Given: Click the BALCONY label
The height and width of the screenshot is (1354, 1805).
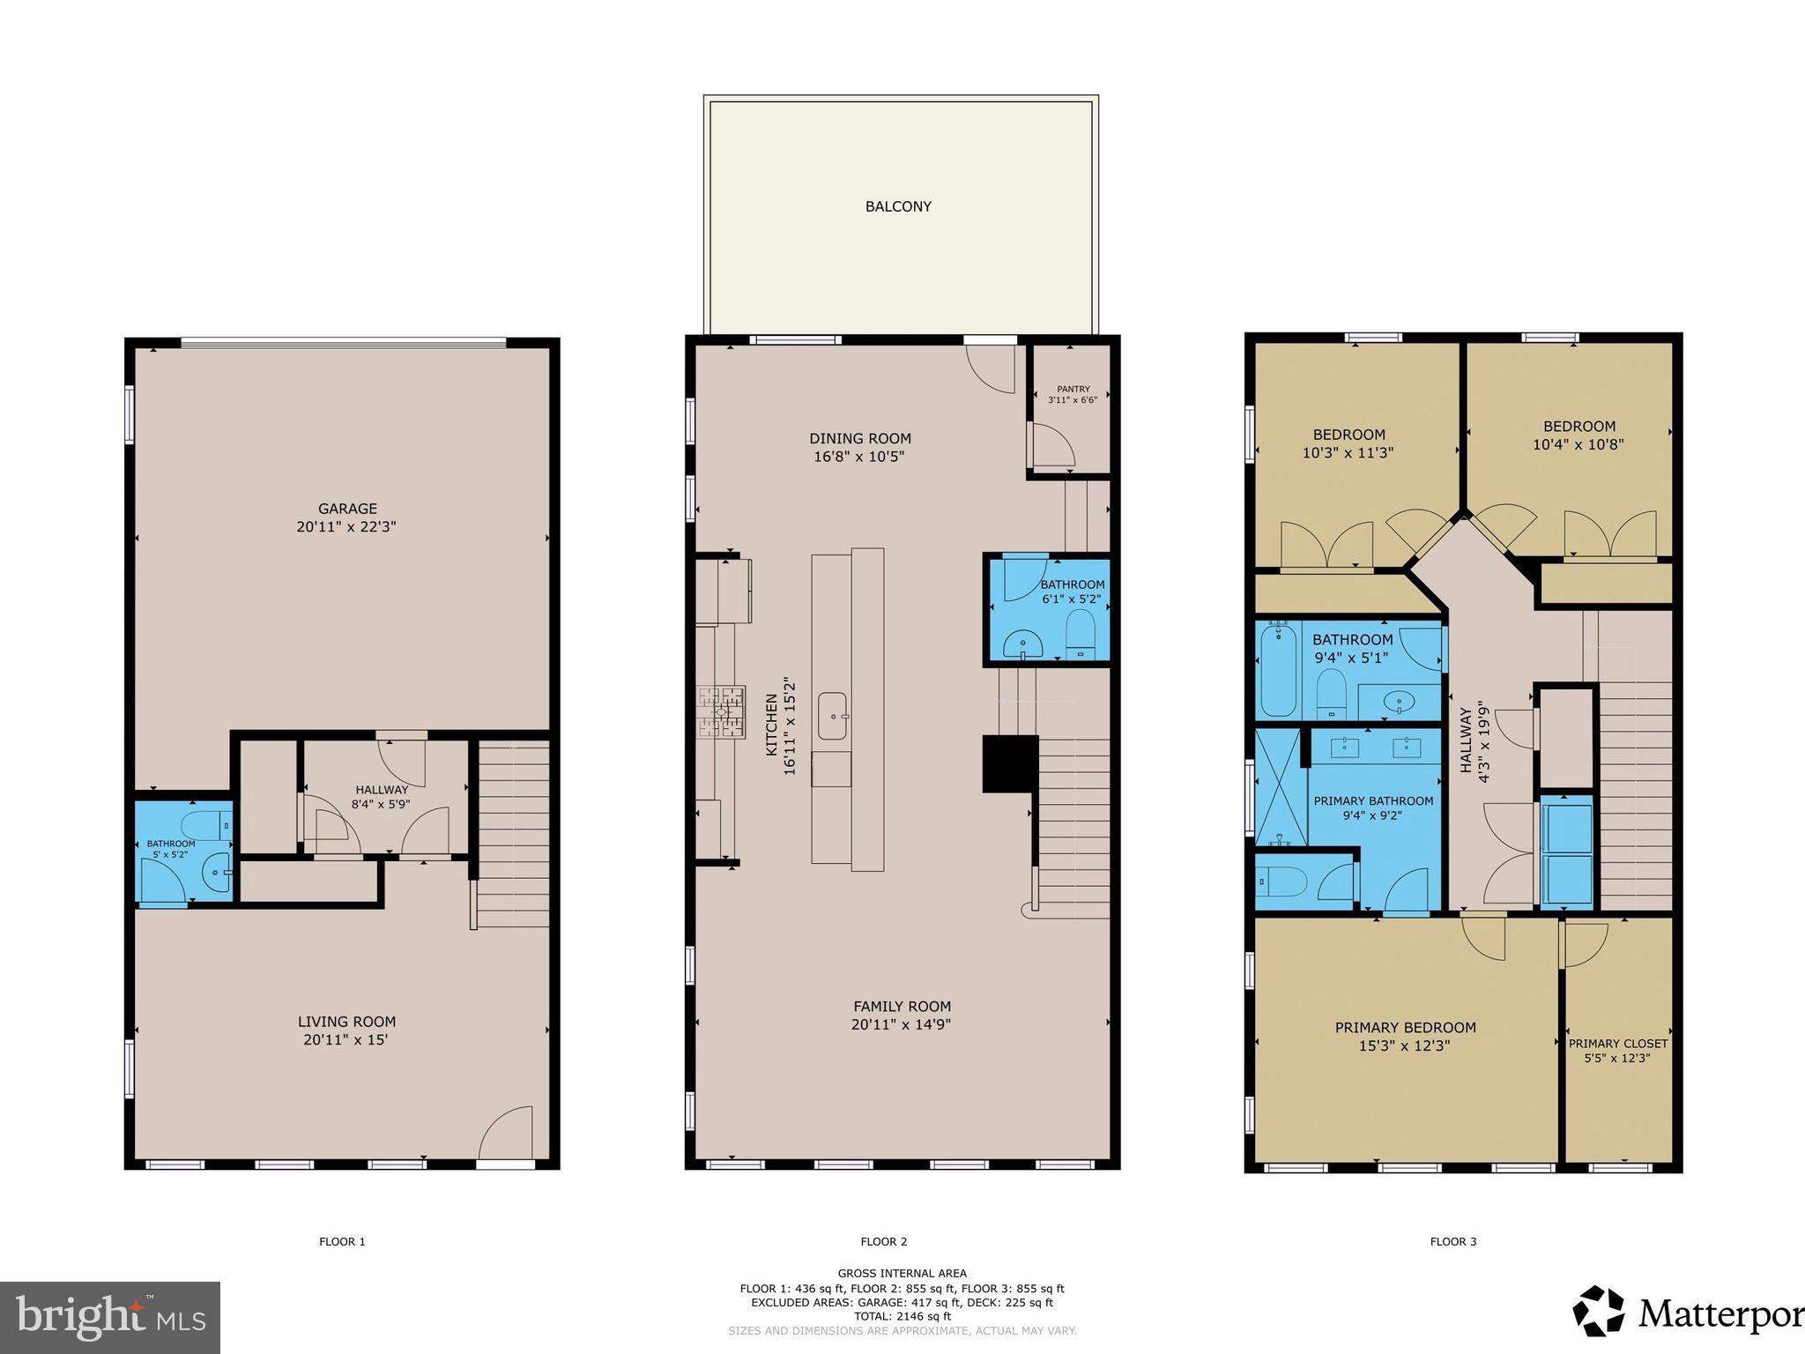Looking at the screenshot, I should (x=897, y=206).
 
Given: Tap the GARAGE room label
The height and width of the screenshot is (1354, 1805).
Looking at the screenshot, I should (x=347, y=509).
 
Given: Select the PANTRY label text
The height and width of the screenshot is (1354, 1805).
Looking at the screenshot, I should (x=1073, y=389).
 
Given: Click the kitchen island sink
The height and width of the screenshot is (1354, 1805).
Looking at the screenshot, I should (x=832, y=716).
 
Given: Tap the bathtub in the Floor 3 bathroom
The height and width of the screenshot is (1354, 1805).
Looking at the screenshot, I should (x=1278, y=670).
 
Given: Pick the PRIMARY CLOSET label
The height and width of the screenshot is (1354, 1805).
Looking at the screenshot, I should (x=1618, y=1044).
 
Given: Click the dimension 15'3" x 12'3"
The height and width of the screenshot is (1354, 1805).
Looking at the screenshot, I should (x=1405, y=1046).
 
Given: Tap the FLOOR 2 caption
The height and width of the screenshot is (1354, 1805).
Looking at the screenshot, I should (x=883, y=1241).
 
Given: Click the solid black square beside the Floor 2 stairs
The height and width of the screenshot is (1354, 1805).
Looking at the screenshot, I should (x=1009, y=763).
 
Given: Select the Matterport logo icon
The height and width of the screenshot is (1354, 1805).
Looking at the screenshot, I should (x=1599, y=1312).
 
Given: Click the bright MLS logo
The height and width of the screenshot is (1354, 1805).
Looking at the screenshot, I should (x=110, y=1318).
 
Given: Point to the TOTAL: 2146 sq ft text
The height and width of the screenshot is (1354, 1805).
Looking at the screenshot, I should (x=902, y=1316).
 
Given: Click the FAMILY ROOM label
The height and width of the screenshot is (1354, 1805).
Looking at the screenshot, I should (x=902, y=1006).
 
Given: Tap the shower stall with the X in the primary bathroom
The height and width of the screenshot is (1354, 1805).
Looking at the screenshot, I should (x=1280, y=786).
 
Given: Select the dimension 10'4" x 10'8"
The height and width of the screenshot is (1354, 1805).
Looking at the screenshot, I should (x=1578, y=445).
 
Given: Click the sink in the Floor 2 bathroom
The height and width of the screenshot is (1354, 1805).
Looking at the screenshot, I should (x=1023, y=644).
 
